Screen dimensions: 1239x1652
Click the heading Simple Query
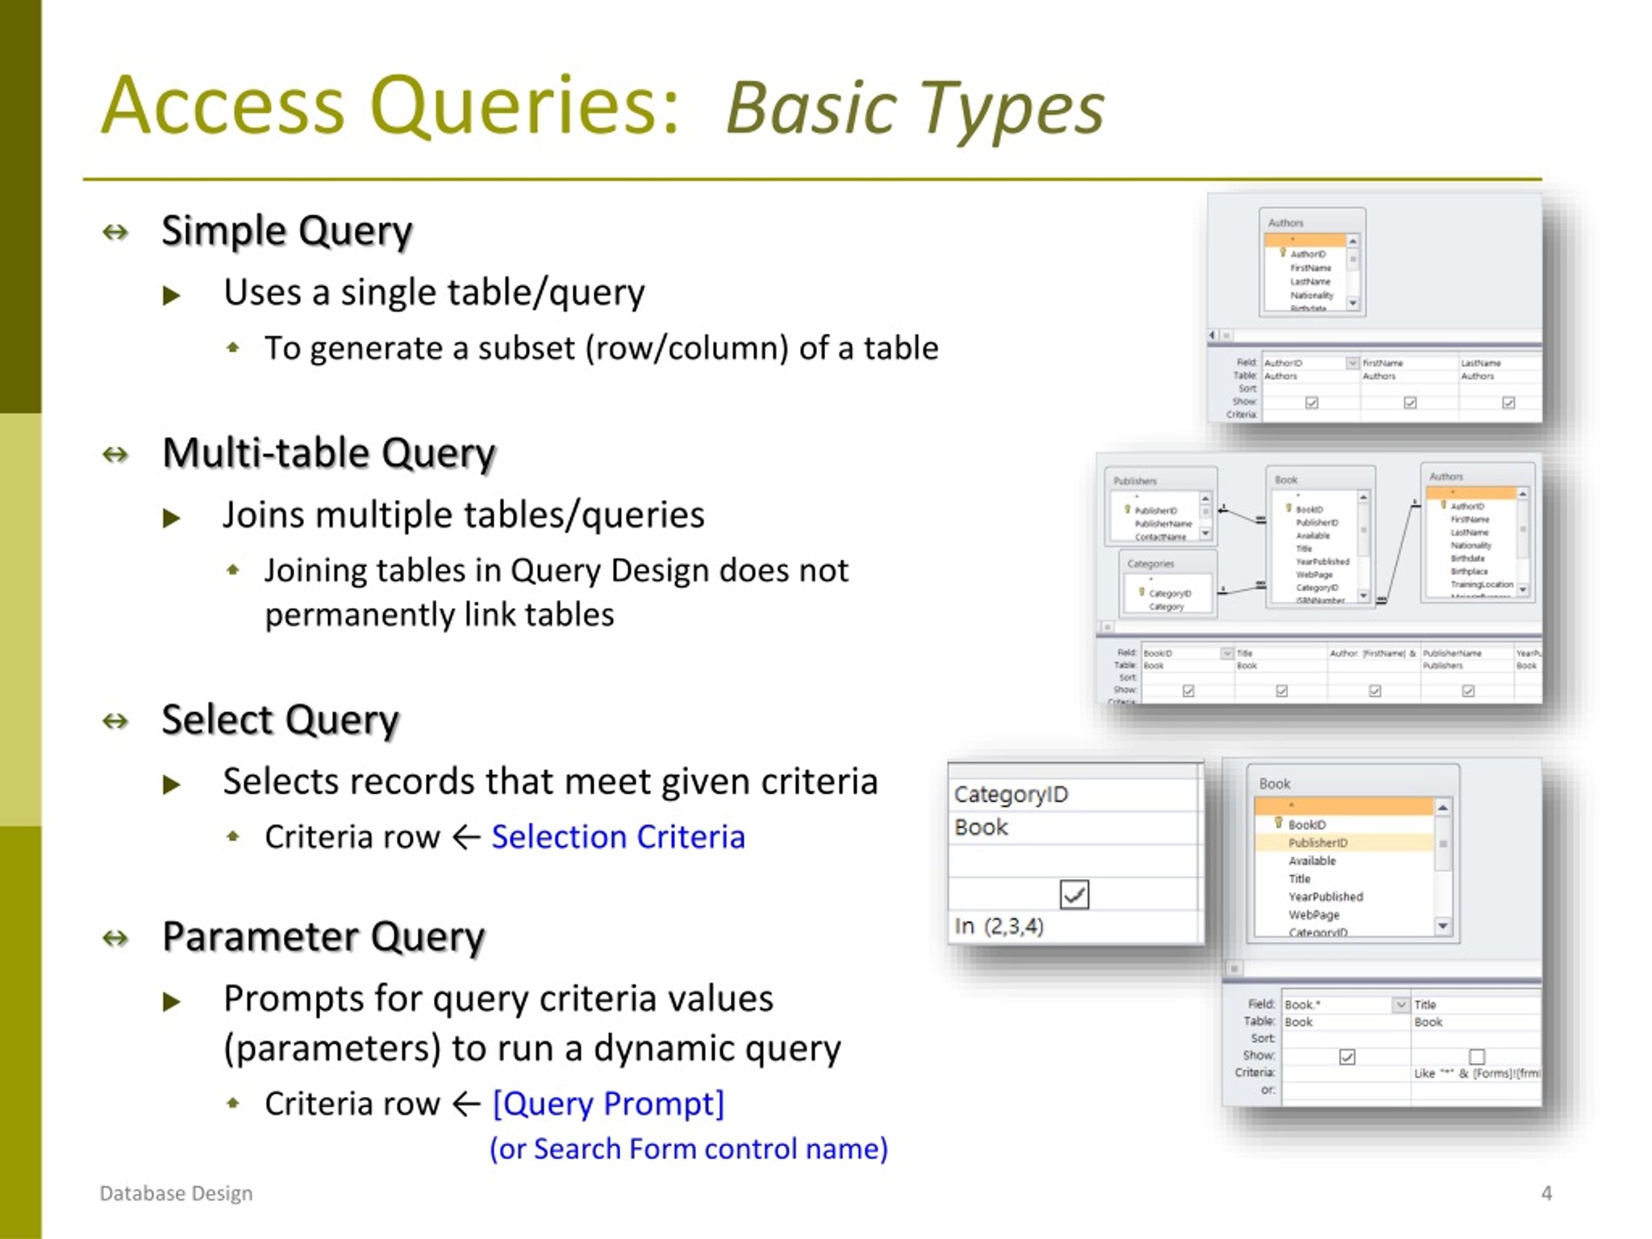coord(286,231)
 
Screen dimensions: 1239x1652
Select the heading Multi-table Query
coord(328,453)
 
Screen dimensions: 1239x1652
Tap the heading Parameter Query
coord(323,936)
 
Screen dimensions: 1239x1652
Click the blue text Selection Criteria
coord(618,837)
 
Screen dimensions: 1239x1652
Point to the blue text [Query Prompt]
coord(608,1104)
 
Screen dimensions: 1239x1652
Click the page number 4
coord(1546,1193)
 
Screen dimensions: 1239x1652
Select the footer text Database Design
coord(176,1193)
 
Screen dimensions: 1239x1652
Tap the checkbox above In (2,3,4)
coord(1074,894)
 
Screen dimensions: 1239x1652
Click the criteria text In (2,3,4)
coord(998,927)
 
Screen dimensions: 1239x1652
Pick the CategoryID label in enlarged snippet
coord(1011,794)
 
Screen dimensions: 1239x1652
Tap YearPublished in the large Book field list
coord(1325,897)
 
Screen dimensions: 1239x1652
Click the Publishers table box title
coord(1134,481)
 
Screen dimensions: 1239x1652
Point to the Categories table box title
coord(1150,564)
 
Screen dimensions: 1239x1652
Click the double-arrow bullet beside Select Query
coord(115,721)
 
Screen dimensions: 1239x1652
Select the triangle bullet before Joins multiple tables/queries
coord(171,518)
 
